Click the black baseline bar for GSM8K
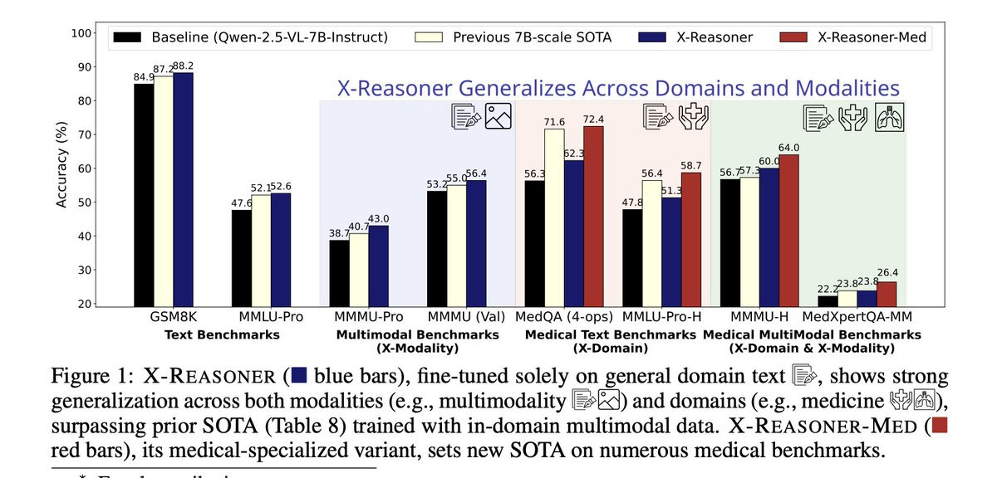[143, 195]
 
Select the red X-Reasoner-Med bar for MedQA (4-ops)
[594, 217]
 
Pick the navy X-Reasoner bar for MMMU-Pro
[378, 266]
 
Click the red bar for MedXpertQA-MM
[886, 295]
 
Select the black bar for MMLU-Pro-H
[633, 258]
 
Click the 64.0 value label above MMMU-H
[788, 148]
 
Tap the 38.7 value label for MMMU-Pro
[339, 234]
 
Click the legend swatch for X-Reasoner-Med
[795, 37]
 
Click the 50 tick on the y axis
[85, 202]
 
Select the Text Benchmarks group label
[223, 334]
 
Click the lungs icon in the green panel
[891, 117]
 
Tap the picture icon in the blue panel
[498, 117]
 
